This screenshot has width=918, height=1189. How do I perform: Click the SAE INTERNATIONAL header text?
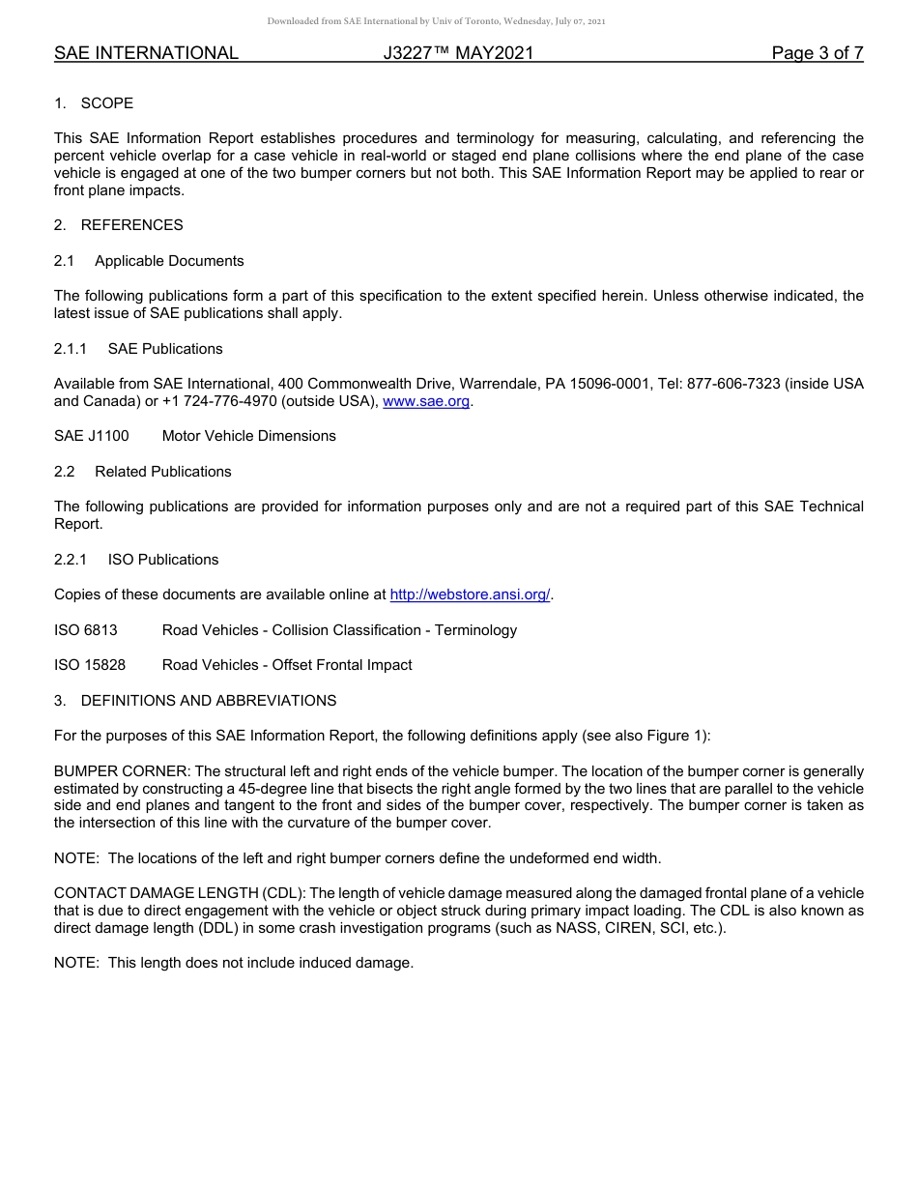[146, 53]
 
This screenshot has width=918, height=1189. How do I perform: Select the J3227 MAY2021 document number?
[458, 53]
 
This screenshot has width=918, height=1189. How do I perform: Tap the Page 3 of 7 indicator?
[817, 53]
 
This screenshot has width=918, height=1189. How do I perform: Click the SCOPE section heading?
[106, 103]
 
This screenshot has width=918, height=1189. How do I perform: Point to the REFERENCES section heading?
[131, 225]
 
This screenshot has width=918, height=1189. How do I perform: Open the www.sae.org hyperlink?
[426, 401]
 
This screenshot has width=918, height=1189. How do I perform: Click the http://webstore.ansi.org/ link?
[470, 594]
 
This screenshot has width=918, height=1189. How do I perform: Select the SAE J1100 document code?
[91, 436]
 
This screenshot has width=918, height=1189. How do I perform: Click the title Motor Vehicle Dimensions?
[248, 436]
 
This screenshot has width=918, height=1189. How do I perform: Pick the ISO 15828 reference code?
[90, 665]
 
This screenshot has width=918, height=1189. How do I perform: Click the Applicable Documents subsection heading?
[169, 261]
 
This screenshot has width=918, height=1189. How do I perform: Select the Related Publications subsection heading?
[162, 472]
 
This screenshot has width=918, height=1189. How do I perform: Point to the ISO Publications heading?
[162, 560]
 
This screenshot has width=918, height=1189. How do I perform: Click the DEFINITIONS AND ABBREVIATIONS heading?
[209, 701]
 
